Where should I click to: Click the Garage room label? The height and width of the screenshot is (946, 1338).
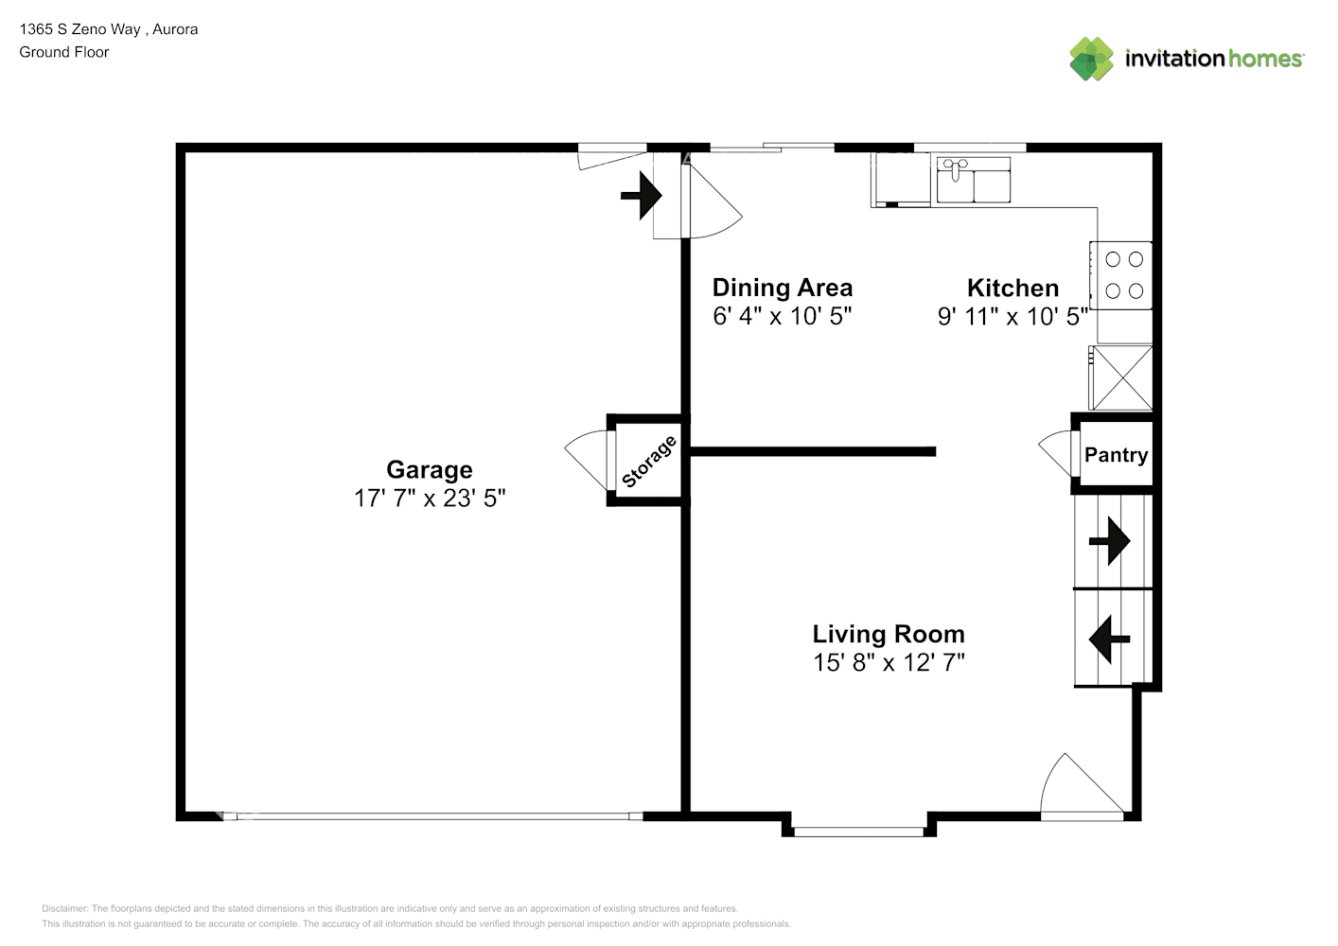click(x=429, y=470)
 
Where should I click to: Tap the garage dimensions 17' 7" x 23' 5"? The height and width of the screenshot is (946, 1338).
click(x=429, y=499)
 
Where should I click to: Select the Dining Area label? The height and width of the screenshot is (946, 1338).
click(x=782, y=288)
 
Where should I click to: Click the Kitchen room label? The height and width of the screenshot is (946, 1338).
click(x=1012, y=288)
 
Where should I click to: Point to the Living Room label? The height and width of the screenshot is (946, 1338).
click(x=888, y=634)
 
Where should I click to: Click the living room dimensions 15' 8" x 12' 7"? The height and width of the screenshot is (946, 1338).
click(x=888, y=662)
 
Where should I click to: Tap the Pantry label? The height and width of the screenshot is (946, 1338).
click(x=1116, y=455)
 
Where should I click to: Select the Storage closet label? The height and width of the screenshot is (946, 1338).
click(x=649, y=462)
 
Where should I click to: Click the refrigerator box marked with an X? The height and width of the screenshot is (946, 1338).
click(x=1122, y=378)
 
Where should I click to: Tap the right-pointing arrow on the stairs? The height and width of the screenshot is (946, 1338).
click(x=1109, y=542)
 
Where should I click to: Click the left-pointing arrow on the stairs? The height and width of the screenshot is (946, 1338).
click(x=1109, y=640)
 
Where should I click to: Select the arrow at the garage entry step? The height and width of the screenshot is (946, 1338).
click(x=642, y=196)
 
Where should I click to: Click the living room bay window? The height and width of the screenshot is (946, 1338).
click(x=858, y=832)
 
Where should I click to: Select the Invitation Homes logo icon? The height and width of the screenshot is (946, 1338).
click(x=1091, y=59)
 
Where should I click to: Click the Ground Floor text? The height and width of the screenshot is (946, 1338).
click(x=64, y=52)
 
